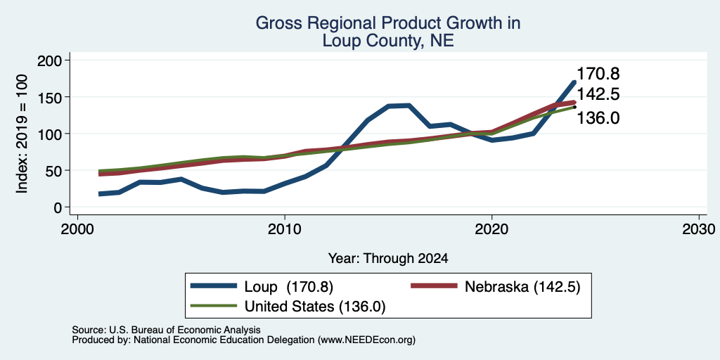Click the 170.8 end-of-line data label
(x=598, y=74)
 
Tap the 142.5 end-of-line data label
(x=598, y=95)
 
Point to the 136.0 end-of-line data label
(x=598, y=118)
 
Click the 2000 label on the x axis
(x=77, y=229)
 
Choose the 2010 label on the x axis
(x=285, y=229)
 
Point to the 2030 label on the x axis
(x=699, y=229)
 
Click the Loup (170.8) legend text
(x=289, y=287)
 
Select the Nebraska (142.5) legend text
(x=522, y=287)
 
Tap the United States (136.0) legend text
(x=315, y=307)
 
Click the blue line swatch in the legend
(x=214, y=285)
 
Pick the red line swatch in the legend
(x=434, y=285)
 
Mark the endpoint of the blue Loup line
(x=574, y=82)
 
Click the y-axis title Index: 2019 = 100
(x=22, y=134)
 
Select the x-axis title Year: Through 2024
(x=388, y=259)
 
